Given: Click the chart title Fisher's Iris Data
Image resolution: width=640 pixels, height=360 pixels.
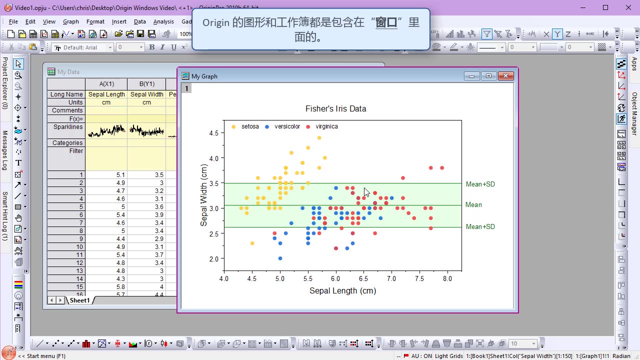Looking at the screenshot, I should tap(335, 108).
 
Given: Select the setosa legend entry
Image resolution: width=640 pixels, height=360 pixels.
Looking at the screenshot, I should tap(249, 126).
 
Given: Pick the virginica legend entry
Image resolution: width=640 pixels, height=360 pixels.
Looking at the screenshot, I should tap(326, 126).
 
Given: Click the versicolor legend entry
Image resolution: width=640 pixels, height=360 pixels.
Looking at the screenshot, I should tap(286, 126).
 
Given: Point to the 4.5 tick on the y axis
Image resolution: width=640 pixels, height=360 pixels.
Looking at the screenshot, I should tap(213, 133).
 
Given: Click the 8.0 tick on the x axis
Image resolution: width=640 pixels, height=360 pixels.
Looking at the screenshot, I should tap(447, 278).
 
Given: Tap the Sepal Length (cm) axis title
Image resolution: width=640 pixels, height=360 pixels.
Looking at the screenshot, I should tap(342, 290).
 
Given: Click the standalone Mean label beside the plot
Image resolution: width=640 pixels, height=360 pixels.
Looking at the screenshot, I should tap(473, 204).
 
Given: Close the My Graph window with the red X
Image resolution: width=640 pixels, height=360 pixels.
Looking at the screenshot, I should tap(505, 76).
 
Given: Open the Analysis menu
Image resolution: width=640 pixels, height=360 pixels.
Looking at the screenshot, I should tap(163, 21).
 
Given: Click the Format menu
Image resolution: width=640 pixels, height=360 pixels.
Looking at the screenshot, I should tap(95, 21).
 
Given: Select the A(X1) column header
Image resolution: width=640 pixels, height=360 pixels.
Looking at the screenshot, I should tap(106, 84).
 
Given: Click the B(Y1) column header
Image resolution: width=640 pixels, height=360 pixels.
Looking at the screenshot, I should tap(146, 84).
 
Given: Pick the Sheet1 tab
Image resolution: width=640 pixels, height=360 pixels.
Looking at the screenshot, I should tap(79, 300).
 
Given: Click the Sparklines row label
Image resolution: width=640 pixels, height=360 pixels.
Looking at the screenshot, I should tap(68, 127).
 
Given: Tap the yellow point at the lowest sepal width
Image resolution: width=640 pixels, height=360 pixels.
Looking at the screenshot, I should tap(252, 243).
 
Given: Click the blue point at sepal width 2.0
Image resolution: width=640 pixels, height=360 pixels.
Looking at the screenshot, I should tap(280, 258).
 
